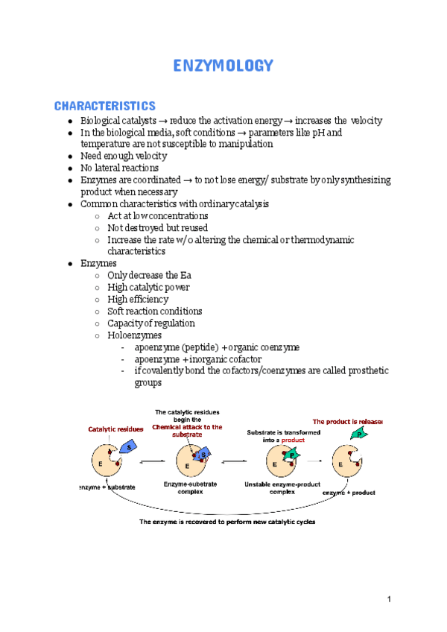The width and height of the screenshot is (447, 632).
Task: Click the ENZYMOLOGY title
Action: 223,66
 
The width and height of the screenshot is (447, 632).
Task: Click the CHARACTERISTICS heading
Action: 104,106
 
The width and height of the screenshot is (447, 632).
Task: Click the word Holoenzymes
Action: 134,335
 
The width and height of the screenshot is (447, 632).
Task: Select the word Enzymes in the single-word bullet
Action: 98,264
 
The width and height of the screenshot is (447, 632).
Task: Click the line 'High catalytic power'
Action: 148,288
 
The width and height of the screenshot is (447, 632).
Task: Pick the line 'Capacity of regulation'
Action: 150,323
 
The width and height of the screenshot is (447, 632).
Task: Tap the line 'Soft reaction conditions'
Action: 154,312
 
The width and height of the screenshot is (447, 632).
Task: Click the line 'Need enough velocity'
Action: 123,157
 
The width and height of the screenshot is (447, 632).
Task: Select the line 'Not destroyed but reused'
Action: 157,228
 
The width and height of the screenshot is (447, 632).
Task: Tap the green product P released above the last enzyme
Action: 358,434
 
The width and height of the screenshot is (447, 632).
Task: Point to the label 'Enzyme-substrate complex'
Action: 190,488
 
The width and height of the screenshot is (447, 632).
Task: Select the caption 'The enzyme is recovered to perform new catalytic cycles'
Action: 227,522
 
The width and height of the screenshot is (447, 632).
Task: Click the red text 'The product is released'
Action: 347,421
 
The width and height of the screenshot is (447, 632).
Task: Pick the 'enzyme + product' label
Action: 349,493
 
